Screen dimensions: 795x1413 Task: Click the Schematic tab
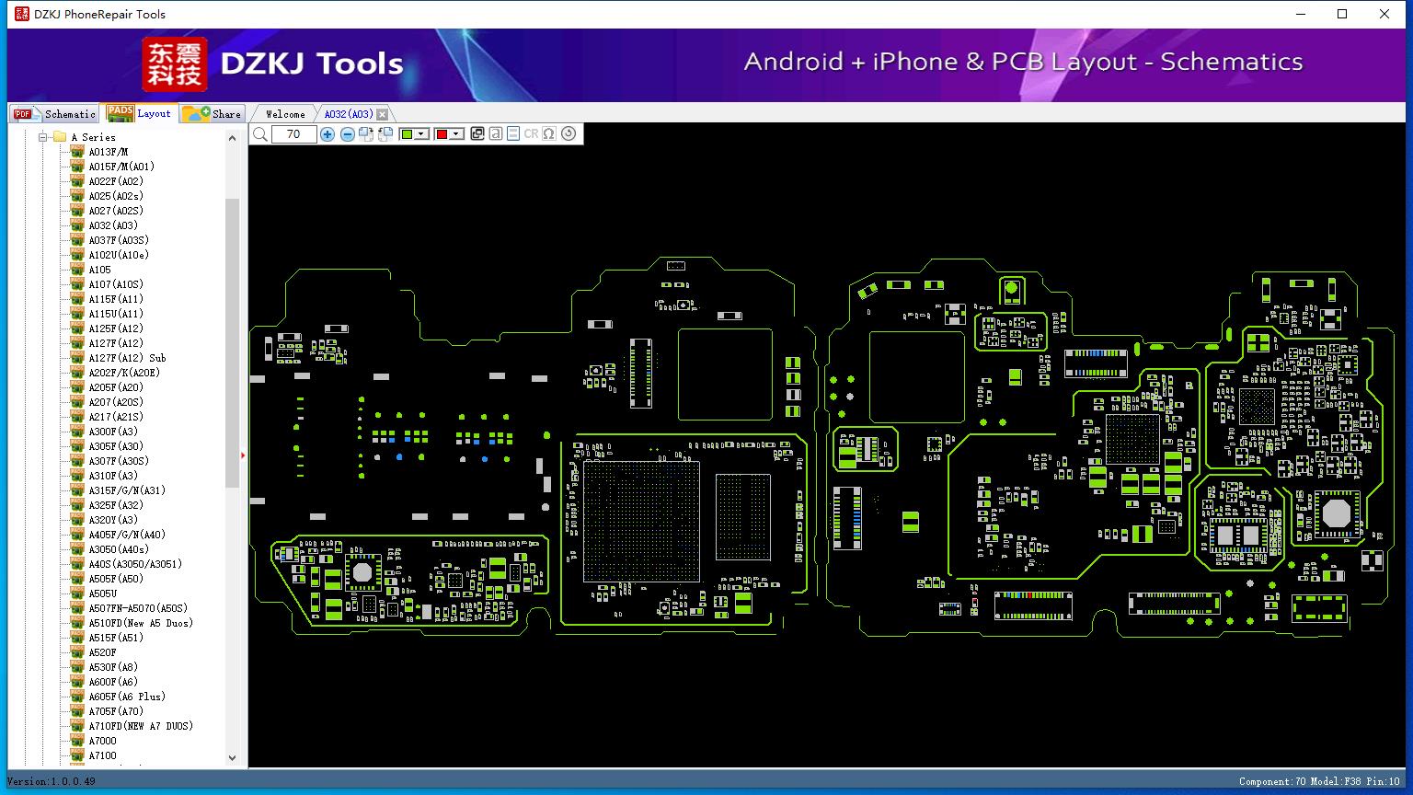55,114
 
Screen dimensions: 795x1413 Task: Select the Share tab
213,114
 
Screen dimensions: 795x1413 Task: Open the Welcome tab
285,114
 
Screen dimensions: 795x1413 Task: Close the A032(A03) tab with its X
383,114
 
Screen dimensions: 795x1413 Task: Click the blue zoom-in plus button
327,134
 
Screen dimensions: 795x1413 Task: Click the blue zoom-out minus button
347,134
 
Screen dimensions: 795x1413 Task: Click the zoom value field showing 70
293,134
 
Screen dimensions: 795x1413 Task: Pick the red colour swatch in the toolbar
442,134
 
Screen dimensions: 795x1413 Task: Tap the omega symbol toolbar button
549,134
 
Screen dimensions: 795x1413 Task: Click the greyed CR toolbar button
531,134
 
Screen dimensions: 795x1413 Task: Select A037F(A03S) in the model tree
118,240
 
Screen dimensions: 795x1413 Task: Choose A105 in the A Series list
99,270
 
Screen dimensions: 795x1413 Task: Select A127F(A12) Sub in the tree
127,358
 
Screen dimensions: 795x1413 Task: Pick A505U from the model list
102,593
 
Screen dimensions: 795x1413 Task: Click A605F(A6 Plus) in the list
127,697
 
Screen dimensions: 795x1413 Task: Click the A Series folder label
93,137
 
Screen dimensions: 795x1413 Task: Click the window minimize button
1301,14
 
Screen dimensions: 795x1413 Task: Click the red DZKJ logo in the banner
174,64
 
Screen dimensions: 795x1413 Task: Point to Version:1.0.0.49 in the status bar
52,781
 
